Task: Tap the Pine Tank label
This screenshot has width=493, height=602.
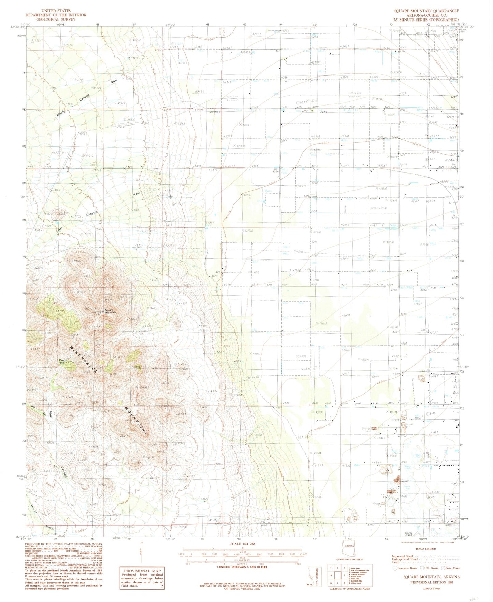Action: point(61,361)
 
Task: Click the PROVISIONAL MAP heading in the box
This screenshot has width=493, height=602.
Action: point(142,571)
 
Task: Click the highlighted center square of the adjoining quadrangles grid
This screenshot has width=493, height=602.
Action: point(337,575)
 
